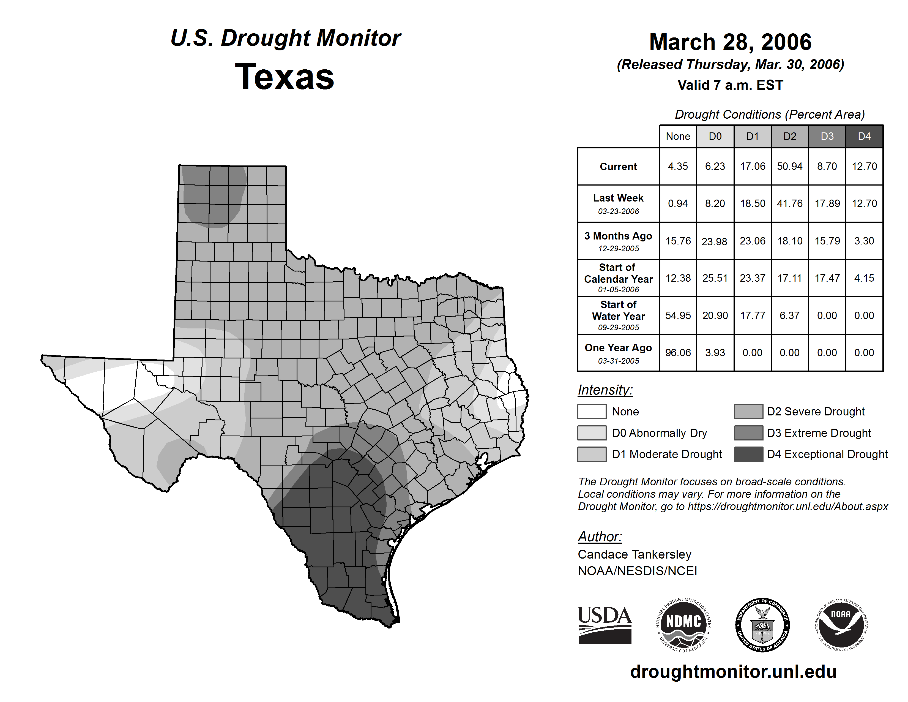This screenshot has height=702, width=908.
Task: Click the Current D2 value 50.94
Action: [x=789, y=166]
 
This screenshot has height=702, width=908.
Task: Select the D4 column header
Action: [x=864, y=136]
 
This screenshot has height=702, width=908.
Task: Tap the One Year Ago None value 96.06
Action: [x=678, y=353]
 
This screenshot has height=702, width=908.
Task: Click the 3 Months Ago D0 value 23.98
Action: [x=714, y=241]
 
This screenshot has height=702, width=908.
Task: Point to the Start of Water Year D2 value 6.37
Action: [x=789, y=316]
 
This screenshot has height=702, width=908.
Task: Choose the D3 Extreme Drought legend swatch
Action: [x=748, y=433]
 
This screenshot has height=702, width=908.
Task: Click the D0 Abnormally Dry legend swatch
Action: [x=592, y=433]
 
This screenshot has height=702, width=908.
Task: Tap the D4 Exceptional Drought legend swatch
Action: [x=748, y=454]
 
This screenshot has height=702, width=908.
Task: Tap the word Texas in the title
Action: [x=285, y=77]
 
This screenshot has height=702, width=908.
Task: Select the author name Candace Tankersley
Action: [x=634, y=554]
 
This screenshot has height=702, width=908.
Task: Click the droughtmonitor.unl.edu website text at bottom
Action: [x=733, y=672]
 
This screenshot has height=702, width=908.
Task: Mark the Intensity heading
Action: [x=605, y=390]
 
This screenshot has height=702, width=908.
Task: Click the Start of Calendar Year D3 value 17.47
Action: [x=827, y=278]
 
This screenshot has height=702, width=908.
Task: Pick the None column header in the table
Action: [x=678, y=136]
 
